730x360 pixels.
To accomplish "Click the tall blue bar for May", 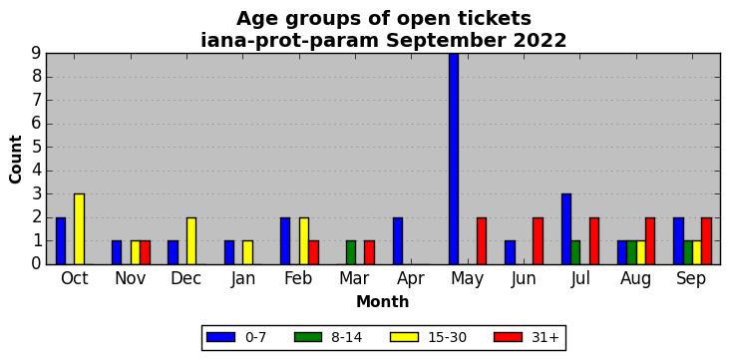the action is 454,159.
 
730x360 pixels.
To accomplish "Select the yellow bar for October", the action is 79,229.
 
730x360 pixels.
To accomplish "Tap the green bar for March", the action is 351,252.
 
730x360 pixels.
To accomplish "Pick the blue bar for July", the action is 566,229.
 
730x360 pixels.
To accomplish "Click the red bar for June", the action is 538,240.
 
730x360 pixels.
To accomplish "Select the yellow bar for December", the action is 191,240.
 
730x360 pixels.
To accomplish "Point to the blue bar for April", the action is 398,240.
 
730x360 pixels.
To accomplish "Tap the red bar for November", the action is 145,252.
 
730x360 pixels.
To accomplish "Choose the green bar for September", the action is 688,252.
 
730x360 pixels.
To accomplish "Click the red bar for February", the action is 313,252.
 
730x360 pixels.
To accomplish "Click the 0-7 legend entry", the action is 236,337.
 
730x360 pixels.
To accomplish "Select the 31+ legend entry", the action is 526,337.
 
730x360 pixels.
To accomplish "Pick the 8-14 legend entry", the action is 328,337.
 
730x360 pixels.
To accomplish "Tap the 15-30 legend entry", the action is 428,337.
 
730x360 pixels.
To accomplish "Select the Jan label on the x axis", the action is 242,278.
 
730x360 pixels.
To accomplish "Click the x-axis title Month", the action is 383,302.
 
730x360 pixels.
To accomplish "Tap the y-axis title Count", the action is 15,160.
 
